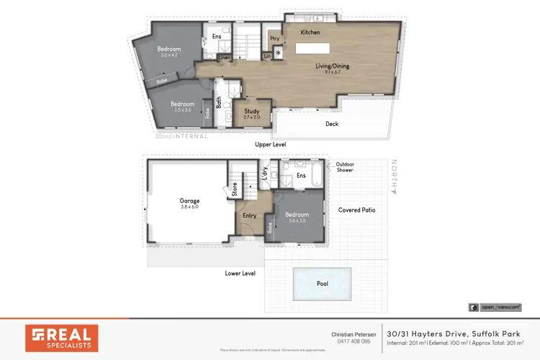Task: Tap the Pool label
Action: (x=322, y=284)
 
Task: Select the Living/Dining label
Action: (x=332, y=66)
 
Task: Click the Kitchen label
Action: (x=310, y=32)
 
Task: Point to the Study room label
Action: (x=251, y=112)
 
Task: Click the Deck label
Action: (x=331, y=124)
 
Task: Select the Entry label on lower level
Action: (x=249, y=215)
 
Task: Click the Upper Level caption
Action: (x=271, y=145)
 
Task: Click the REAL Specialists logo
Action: (x=61, y=338)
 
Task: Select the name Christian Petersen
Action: (x=354, y=334)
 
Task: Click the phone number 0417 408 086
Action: (x=354, y=341)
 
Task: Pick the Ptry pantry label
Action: (x=274, y=38)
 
